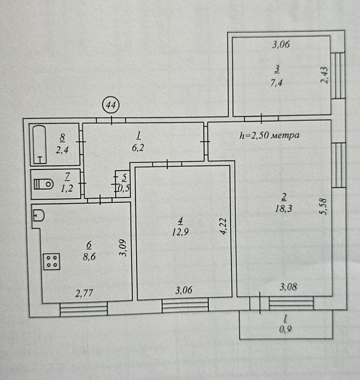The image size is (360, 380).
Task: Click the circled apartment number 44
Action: pos(111,105)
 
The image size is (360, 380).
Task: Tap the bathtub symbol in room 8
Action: pos(40,144)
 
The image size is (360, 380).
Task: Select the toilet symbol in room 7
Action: pos(44,184)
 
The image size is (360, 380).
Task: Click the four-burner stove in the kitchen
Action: pos(52,261)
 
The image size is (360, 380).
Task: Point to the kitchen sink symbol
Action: pos(39,215)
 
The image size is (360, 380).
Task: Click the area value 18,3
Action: pos(283,208)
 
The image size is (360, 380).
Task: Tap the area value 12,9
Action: pos(180,232)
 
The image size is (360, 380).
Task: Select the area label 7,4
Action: pos(277,83)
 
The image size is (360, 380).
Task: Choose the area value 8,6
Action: pos(89,256)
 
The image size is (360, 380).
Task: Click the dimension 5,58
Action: pos(324,207)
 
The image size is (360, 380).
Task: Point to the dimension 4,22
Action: pos(223,226)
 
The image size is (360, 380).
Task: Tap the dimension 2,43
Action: pos(324,75)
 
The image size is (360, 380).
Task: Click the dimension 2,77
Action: pos(84,293)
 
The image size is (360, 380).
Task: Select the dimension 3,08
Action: pos(288,287)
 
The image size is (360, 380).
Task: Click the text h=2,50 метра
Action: pos(269,135)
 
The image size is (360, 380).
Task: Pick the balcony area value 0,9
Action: pos(286,329)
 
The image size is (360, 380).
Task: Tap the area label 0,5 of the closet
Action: pos(124,188)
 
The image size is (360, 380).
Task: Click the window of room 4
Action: pos(185,305)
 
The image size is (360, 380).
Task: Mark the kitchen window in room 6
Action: pos(83,309)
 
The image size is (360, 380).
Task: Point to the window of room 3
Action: pos(340,76)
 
